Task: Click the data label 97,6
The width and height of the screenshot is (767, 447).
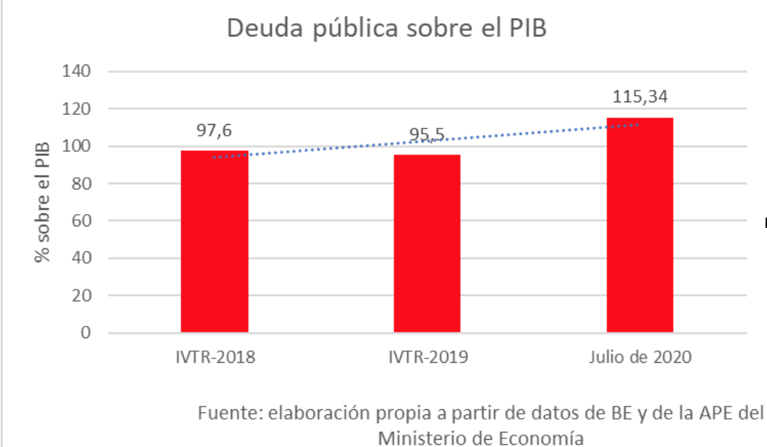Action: click(215, 131)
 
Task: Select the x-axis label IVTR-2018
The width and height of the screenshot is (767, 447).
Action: click(215, 357)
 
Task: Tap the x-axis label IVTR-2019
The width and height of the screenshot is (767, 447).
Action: click(427, 357)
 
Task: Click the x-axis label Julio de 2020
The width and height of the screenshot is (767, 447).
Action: click(640, 357)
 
